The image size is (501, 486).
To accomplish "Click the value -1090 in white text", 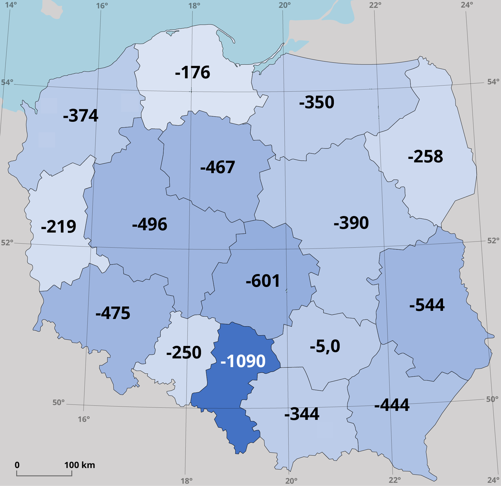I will pos(243,361).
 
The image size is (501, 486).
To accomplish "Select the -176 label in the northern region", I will pos(193,73).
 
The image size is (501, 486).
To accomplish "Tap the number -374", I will pos(81,116).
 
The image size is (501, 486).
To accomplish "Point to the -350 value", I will pos(317,102).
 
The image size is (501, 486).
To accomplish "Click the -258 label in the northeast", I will pos(425,157).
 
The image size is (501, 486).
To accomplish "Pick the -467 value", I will pos(218,167).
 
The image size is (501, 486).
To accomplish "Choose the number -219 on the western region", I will pos(58,227).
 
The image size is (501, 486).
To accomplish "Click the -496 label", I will pos(149,224).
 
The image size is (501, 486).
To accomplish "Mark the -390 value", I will pos(351,223).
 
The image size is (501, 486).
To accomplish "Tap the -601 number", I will pos(263,281).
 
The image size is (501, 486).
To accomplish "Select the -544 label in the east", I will pos(427,305).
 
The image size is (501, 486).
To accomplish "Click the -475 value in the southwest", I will pos(113,313).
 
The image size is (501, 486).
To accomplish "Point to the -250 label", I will pos(184,353).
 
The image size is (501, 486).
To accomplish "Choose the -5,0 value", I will pos(325,346).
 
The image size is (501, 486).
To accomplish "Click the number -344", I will pos(302,414).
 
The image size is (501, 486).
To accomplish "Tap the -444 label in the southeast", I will pos(392,405).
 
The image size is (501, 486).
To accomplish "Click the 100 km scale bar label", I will pos(80,465).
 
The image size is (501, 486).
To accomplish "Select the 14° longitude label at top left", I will pos(11,5).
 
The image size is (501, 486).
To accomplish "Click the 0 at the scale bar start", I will pos(17,465).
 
